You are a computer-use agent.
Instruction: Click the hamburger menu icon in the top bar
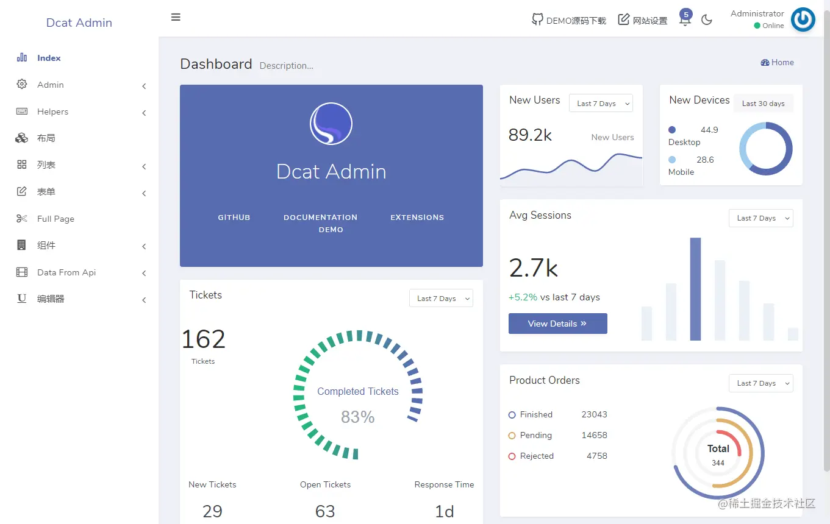click(176, 17)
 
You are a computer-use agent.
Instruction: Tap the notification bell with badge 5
click(685, 19)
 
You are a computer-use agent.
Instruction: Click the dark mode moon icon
click(707, 20)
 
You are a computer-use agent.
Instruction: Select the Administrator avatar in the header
click(803, 19)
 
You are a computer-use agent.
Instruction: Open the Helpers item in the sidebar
click(52, 112)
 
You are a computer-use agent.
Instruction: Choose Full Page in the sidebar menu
click(55, 219)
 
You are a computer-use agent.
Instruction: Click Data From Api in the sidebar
click(66, 272)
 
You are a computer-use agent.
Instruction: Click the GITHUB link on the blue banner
click(234, 218)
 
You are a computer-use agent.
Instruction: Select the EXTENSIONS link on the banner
click(417, 218)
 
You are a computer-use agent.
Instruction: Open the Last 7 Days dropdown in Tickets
click(441, 299)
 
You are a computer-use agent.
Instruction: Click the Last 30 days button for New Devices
click(763, 104)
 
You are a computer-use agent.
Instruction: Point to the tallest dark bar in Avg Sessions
click(695, 289)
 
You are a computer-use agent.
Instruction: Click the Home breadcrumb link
click(778, 62)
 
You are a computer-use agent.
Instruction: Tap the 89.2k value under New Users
click(530, 135)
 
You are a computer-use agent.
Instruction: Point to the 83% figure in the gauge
click(357, 417)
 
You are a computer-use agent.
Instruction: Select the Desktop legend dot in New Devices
click(672, 130)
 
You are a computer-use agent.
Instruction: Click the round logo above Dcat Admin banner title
click(331, 124)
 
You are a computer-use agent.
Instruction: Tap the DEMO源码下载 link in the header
click(569, 20)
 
